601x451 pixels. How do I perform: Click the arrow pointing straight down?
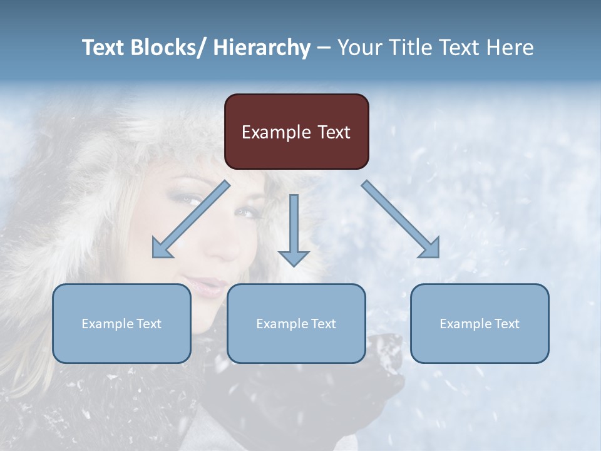pyautogui.click(x=294, y=232)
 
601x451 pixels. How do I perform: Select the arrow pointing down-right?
pyautogui.click(x=401, y=219)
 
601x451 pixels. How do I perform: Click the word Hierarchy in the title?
pyautogui.click(x=262, y=48)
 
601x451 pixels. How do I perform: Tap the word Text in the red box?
pyautogui.click(x=334, y=132)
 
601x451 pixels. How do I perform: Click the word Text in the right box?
pyautogui.click(x=505, y=324)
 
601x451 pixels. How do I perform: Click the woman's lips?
pyautogui.click(x=208, y=286)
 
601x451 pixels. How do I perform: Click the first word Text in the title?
pyautogui.click(x=104, y=48)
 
